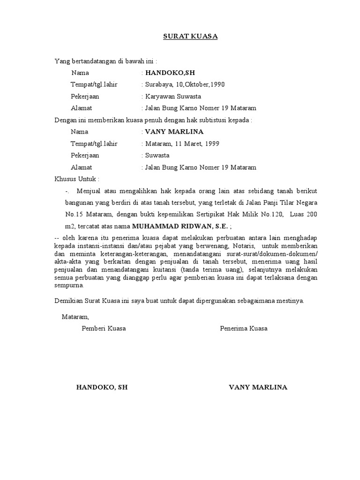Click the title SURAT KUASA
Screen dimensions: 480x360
[190, 36]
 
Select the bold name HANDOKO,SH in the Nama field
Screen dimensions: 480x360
[170, 73]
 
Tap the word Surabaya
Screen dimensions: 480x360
[159, 85]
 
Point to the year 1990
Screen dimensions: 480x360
[217, 85]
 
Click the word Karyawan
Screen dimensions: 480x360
[159, 97]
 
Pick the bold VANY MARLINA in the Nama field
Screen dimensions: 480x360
[174, 132]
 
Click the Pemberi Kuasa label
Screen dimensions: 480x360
[104, 329]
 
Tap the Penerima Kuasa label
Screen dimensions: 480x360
[244, 329]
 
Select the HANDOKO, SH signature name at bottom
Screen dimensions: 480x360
[102, 388]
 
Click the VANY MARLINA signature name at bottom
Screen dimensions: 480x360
[258, 388]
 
